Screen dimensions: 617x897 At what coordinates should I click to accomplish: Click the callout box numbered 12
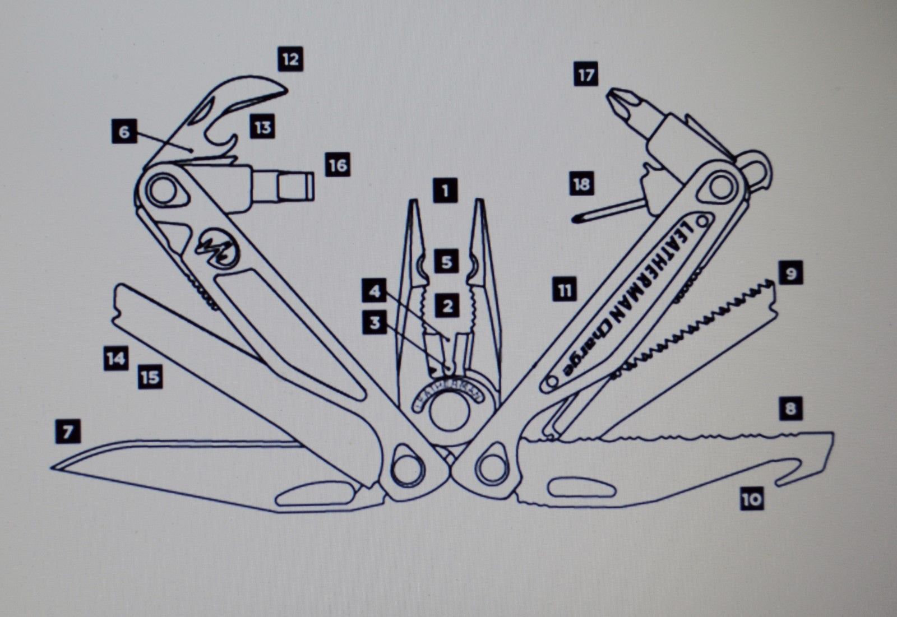290,58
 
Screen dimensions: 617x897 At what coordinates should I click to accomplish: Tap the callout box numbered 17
586,74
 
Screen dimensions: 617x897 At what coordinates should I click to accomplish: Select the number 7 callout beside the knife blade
68,432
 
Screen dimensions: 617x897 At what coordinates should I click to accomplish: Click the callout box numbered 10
752,498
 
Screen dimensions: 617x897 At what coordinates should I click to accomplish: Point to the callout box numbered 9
790,274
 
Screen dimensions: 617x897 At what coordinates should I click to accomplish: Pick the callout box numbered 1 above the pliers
445,191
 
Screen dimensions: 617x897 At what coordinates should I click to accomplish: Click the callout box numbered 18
581,184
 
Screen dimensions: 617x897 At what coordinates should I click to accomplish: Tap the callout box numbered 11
565,290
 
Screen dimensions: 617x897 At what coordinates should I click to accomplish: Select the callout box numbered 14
115,358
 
